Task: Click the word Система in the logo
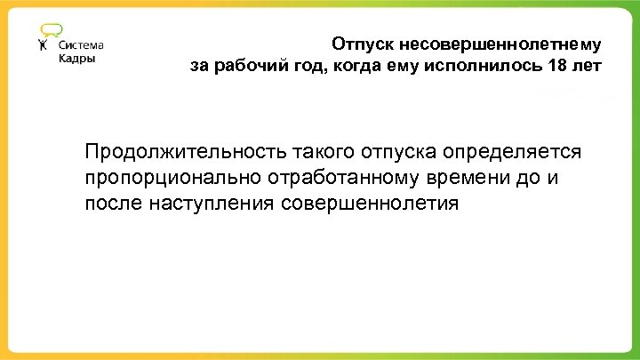(x=81, y=45)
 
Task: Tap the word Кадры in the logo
(x=76, y=60)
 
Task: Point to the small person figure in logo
(x=44, y=47)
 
